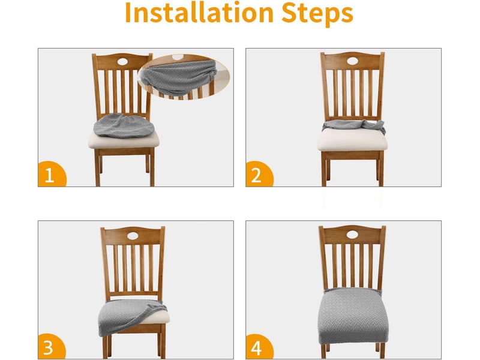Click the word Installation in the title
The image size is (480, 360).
pos(199,13)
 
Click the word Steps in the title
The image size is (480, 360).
pos(317,14)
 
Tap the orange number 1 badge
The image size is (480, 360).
pos(52,174)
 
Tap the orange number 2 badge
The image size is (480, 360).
pos(259,174)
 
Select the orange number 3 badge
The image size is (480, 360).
pos(52,346)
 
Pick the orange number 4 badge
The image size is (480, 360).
pos(259,347)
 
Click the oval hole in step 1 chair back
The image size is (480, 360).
pos(122,62)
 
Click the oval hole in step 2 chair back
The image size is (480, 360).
pos(352,61)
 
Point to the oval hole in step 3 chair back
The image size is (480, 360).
pos(133,236)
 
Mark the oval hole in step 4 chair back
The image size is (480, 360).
pos(352,235)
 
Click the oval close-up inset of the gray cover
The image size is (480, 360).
pos(184,77)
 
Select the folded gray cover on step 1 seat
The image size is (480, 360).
pos(124,125)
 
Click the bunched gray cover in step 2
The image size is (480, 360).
pos(353,125)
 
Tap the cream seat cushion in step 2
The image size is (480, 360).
pos(352,139)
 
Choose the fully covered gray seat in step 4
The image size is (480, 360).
pos(353,316)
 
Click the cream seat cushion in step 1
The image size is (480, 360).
pos(124,140)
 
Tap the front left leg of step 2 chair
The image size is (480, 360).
pos(324,169)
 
